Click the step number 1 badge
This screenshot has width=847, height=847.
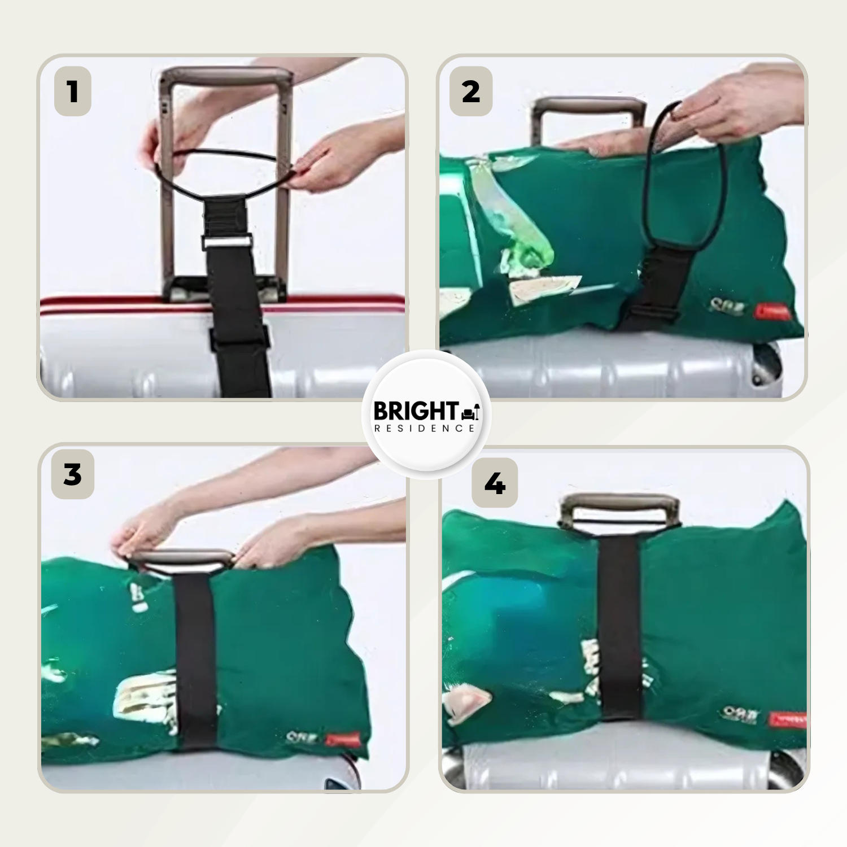[73, 91]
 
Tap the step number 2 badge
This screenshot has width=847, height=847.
[471, 91]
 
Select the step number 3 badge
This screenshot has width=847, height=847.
[73, 474]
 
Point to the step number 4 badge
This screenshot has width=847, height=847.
[495, 483]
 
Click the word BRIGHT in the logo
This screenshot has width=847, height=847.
[416, 411]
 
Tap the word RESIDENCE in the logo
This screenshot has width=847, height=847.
[425, 429]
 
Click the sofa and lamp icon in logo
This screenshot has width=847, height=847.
[470, 412]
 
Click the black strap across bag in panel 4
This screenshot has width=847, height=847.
[619, 627]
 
